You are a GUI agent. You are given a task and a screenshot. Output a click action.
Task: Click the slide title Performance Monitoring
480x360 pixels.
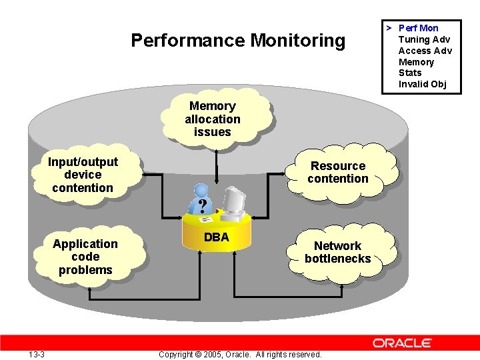pyautogui.click(x=238, y=41)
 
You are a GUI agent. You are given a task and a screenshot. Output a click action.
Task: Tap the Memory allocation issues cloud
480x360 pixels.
pyautogui.click(x=213, y=119)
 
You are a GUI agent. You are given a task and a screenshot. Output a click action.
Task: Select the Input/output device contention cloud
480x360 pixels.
pyautogui.click(x=83, y=175)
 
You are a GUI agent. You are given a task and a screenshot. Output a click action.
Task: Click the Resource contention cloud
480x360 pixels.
pyautogui.click(x=338, y=172)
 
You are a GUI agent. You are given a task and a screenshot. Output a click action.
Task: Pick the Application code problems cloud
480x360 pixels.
pyautogui.click(x=85, y=257)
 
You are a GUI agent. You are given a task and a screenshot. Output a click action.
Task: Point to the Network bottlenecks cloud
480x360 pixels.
pyautogui.click(x=337, y=252)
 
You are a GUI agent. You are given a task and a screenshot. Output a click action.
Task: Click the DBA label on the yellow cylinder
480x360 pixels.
pyautogui.click(x=216, y=237)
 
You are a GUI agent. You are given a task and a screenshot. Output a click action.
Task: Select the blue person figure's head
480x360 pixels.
pyautogui.click(x=197, y=190)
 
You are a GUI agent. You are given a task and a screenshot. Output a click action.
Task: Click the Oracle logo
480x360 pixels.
pyautogui.click(x=402, y=343)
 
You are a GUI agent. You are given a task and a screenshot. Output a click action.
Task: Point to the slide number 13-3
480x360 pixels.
pyautogui.click(x=37, y=354)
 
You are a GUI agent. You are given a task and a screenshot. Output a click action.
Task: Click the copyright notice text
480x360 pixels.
pyautogui.click(x=240, y=354)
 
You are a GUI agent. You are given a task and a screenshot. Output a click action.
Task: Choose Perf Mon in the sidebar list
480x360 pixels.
pyautogui.click(x=418, y=28)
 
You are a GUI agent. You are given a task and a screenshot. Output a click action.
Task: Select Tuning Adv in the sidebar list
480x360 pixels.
pyautogui.click(x=424, y=39)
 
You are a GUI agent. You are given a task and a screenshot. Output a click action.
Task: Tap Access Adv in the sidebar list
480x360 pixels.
pyautogui.click(x=425, y=51)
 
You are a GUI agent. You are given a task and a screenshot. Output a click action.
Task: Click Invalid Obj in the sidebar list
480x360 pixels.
pyautogui.click(x=422, y=84)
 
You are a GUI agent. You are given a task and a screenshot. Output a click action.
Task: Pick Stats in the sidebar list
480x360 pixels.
pyautogui.click(x=410, y=73)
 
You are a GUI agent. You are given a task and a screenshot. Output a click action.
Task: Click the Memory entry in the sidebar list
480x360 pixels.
pyautogui.click(x=416, y=62)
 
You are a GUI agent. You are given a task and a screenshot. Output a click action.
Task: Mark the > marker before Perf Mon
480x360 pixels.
pyautogui.click(x=388, y=28)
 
